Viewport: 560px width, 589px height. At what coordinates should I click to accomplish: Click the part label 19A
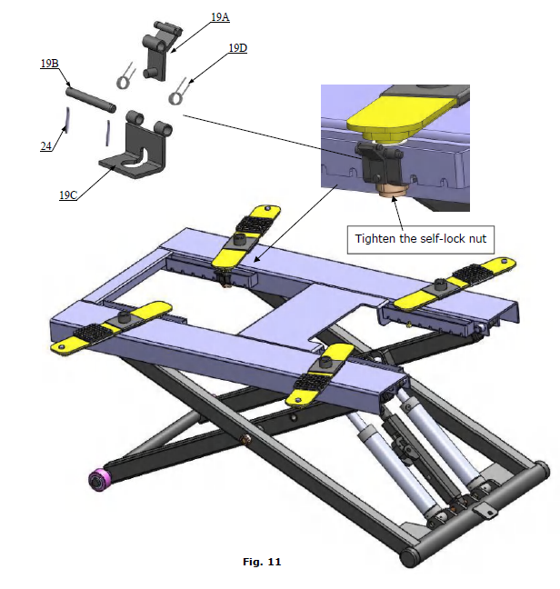pyautogui.click(x=220, y=16)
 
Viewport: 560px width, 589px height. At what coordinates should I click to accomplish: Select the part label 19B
pyautogui.click(x=49, y=64)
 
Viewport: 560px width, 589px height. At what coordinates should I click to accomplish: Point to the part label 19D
pyautogui.click(x=237, y=47)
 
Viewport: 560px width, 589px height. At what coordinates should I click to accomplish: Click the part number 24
pyautogui.click(x=45, y=145)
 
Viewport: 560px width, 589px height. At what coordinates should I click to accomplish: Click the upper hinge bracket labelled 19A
pyautogui.click(x=155, y=56)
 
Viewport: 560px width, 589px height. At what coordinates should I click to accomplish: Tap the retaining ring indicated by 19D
pyautogui.click(x=178, y=93)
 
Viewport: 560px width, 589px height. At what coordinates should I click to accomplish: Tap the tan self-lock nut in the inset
pyautogui.click(x=392, y=188)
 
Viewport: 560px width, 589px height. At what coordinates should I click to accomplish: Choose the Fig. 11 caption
pyautogui.click(x=262, y=563)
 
